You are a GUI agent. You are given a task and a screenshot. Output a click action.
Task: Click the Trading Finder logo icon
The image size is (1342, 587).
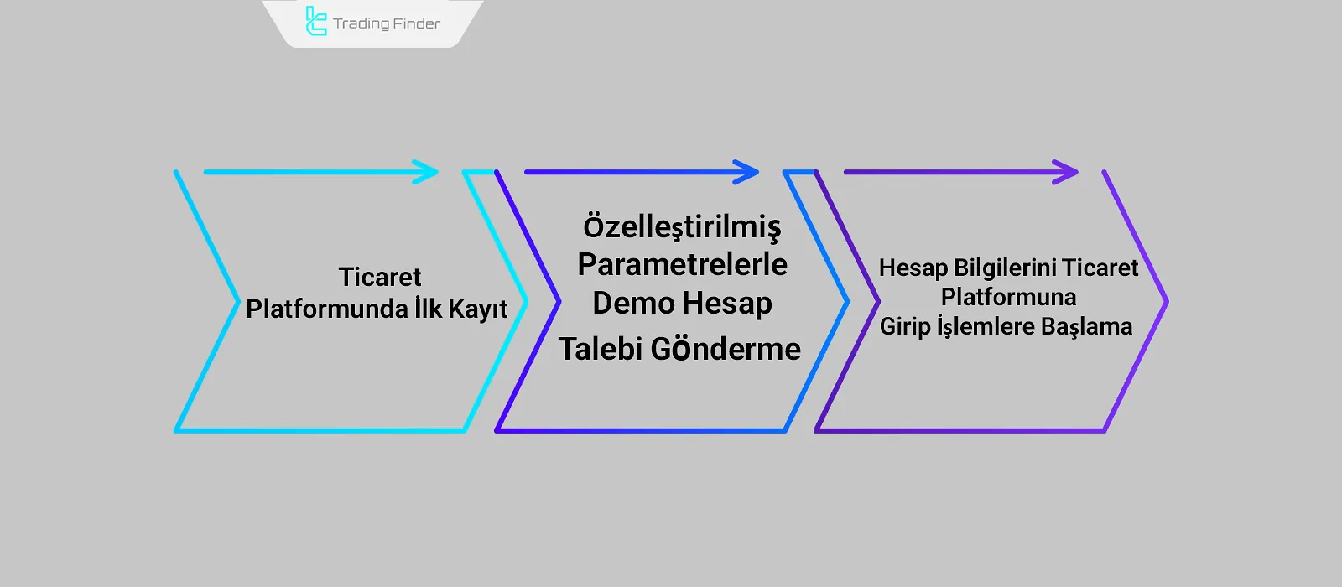point(315,22)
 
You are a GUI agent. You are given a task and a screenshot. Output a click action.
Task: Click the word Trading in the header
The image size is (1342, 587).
point(361,23)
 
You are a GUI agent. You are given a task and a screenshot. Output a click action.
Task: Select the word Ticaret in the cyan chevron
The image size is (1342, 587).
point(379,277)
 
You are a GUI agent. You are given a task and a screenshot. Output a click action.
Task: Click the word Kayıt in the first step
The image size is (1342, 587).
point(477,309)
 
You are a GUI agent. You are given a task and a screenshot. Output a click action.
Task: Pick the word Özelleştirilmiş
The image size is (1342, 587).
point(682,226)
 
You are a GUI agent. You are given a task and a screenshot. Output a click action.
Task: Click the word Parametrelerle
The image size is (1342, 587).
point(682,264)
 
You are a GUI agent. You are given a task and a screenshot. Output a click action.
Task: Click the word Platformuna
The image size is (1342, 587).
point(1008,297)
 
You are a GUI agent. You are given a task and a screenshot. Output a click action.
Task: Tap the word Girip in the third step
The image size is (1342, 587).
point(904,326)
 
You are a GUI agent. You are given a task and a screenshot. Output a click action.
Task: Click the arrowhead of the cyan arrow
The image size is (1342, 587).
point(429,173)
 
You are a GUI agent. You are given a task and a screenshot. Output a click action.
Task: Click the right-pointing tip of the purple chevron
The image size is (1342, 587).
point(1166,301)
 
